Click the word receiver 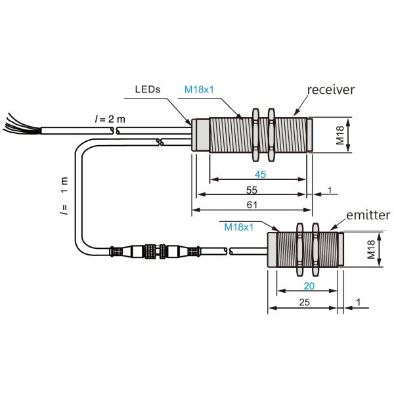click(331, 90)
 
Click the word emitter click(368, 215)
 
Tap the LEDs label click(148, 89)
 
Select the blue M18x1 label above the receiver click(199, 89)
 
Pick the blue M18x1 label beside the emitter click(239, 227)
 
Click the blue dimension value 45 click(260, 174)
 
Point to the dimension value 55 click(252, 190)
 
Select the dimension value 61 click(252, 205)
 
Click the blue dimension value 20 click(309, 286)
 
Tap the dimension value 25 click(304, 302)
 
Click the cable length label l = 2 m click(110, 119)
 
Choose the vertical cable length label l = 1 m click(64, 196)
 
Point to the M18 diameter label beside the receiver click(340, 135)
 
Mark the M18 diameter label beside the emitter click(371, 250)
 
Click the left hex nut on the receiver click(255, 135)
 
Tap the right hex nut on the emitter click(315, 250)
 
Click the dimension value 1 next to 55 click(330, 190)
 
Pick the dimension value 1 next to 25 click(359, 302)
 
